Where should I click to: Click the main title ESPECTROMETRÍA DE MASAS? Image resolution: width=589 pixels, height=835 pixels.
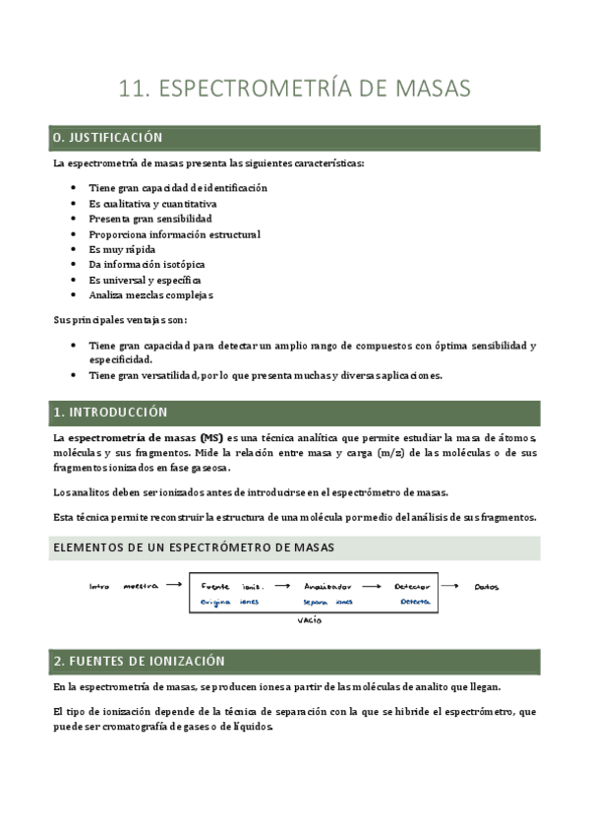pos(294,89)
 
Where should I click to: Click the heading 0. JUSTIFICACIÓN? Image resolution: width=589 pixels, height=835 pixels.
pos(108,138)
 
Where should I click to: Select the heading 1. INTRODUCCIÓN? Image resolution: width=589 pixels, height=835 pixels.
pos(111,413)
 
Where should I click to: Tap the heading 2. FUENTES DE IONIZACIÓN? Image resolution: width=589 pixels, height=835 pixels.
pos(140,661)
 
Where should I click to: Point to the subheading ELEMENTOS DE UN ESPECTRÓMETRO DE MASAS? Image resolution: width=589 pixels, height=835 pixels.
pos(194,546)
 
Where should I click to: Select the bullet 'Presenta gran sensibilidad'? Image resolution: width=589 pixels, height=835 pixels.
pos(149,219)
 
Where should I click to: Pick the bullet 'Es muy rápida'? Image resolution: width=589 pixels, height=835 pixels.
pos(122,249)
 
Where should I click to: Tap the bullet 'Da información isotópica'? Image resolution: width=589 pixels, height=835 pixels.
pos(147,264)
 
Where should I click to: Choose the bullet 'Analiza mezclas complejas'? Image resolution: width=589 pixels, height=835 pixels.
pos(150,295)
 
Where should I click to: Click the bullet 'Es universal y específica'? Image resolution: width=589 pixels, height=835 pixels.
pos(145,280)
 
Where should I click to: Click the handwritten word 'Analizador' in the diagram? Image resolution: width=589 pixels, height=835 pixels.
pos(327,587)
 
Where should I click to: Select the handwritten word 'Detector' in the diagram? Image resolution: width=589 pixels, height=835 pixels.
pos(410,587)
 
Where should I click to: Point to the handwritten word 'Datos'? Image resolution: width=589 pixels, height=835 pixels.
pos(486,587)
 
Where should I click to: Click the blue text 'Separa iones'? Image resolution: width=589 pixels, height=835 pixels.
pos(327,602)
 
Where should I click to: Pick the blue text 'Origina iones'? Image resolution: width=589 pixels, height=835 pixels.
pos(229,602)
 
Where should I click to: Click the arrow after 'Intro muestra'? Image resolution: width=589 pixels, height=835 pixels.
pos(173,585)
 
